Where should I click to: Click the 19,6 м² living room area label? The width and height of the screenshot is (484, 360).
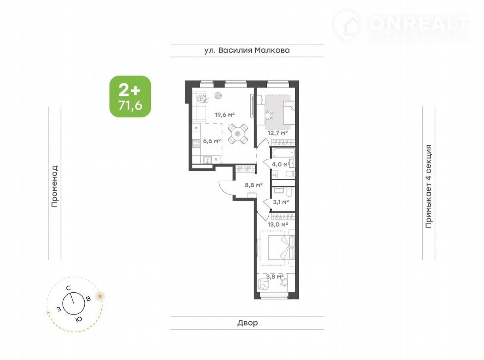pyautogui.click(x=224, y=115)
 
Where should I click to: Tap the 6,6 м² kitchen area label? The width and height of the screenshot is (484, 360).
pyautogui.click(x=212, y=141)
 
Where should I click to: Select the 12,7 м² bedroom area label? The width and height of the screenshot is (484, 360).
pyautogui.click(x=277, y=133)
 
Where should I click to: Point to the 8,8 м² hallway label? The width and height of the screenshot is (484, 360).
pyautogui.click(x=254, y=185)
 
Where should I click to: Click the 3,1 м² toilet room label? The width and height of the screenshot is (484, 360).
pyautogui.click(x=281, y=202)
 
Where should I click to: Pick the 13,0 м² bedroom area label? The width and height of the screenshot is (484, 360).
pyautogui.click(x=277, y=224)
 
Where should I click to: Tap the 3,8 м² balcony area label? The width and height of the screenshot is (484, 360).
pyautogui.click(x=275, y=277)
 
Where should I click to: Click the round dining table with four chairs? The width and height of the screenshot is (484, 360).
pyautogui.click(x=238, y=134)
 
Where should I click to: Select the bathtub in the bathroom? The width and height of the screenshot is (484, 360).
pyautogui.click(x=283, y=153)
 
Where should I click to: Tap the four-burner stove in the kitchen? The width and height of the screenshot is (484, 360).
pyautogui.click(x=196, y=143)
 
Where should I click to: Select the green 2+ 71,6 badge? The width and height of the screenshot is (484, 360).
pyautogui.click(x=130, y=96)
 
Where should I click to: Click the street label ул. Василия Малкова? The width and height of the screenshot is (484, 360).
pyautogui.click(x=247, y=50)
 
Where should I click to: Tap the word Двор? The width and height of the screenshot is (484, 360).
pyautogui.click(x=247, y=323)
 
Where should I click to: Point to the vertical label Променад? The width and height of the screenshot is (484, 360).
pyautogui.click(x=55, y=186)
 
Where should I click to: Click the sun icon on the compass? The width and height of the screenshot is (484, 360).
pyautogui.click(x=100, y=296)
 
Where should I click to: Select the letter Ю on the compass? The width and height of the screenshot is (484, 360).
pyautogui.click(x=79, y=320)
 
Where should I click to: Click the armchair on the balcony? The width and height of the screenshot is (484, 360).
pyautogui.click(x=264, y=284)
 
